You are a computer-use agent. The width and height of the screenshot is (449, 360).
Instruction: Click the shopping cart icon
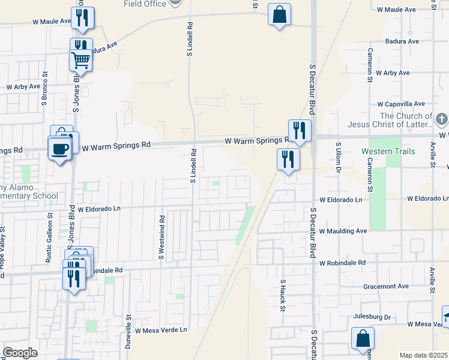coord(80,60)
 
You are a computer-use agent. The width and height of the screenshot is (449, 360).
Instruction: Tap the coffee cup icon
coord(59,148)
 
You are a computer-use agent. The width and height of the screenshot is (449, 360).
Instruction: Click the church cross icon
coord(441,119)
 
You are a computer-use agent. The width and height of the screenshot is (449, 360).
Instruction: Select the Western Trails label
coord(388,151)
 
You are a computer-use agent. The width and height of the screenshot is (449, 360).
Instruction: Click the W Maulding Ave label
coord(343,231)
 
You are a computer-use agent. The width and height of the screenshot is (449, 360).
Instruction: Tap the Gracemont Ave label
coord(385,286)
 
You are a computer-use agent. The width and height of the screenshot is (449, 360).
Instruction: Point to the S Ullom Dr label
coord(339,157)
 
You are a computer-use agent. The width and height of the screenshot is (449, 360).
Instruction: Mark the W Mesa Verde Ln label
coord(161,331)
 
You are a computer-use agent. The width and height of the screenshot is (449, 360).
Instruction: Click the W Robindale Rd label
coord(342,263)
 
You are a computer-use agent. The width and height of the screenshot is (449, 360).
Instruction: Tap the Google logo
coord(20,353)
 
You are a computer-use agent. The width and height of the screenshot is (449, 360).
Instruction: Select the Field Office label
coord(145,4)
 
